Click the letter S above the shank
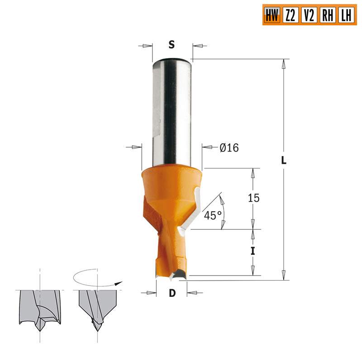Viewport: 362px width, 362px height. (171, 44)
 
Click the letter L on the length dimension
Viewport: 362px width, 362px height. (284, 161)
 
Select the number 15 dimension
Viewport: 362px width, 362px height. (253, 198)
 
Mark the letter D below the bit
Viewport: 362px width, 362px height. (172, 293)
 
